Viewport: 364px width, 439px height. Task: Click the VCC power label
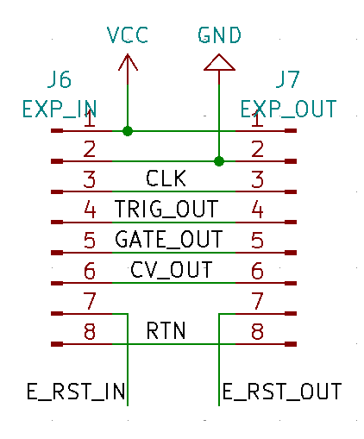[128, 35]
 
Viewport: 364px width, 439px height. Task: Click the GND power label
[219, 35]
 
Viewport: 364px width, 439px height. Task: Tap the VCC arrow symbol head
[128, 62]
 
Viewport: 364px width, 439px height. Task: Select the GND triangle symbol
[219, 62]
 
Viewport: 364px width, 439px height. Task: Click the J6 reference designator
[60, 79]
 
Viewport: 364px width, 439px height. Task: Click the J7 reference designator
[287, 79]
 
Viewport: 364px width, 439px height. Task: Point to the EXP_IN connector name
[60, 109]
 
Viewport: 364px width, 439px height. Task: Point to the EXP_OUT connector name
[288, 109]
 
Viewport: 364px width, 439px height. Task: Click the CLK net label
[166, 179]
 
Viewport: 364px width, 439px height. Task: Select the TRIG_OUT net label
[166, 209]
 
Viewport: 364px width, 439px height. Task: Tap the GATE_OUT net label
[169, 239]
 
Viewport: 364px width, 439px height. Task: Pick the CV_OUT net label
[172, 270]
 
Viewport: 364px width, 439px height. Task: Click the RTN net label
[166, 330]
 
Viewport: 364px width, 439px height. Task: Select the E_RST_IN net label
[76, 392]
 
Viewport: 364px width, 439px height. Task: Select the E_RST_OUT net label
[282, 392]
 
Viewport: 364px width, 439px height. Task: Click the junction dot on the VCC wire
[128, 131]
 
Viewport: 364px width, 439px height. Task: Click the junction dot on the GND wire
[219, 161]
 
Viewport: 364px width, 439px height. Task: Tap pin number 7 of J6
[90, 301]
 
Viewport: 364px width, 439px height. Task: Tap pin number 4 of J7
[257, 210]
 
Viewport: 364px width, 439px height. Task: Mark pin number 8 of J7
[257, 331]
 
